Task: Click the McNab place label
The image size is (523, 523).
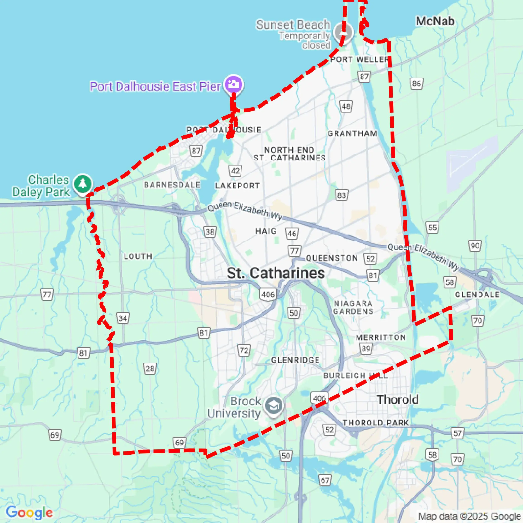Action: point(435,21)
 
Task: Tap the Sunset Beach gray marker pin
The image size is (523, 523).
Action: point(343,32)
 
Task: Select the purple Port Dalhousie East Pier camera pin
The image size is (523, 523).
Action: point(234,84)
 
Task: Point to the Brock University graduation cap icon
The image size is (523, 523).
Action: point(273,406)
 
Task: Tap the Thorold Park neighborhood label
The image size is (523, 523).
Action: point(376,423)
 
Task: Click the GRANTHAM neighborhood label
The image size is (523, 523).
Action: point(352,133)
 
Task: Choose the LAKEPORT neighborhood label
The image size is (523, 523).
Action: point(238,186)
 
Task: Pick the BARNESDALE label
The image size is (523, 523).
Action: point(172,185)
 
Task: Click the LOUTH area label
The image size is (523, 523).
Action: point(138,256)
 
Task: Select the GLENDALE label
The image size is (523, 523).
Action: point(477,295)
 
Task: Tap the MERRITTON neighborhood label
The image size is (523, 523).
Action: point(381,337)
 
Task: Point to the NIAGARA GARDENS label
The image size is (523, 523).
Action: point(353,307)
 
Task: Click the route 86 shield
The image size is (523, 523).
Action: point(416,84)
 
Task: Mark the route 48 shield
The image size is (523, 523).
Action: point(346,106)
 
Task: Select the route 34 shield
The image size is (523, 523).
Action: point(123,318)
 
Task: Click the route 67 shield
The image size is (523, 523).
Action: point(325,480)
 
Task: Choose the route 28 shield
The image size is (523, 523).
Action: point(150,369)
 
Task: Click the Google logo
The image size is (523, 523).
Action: point(29,512)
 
